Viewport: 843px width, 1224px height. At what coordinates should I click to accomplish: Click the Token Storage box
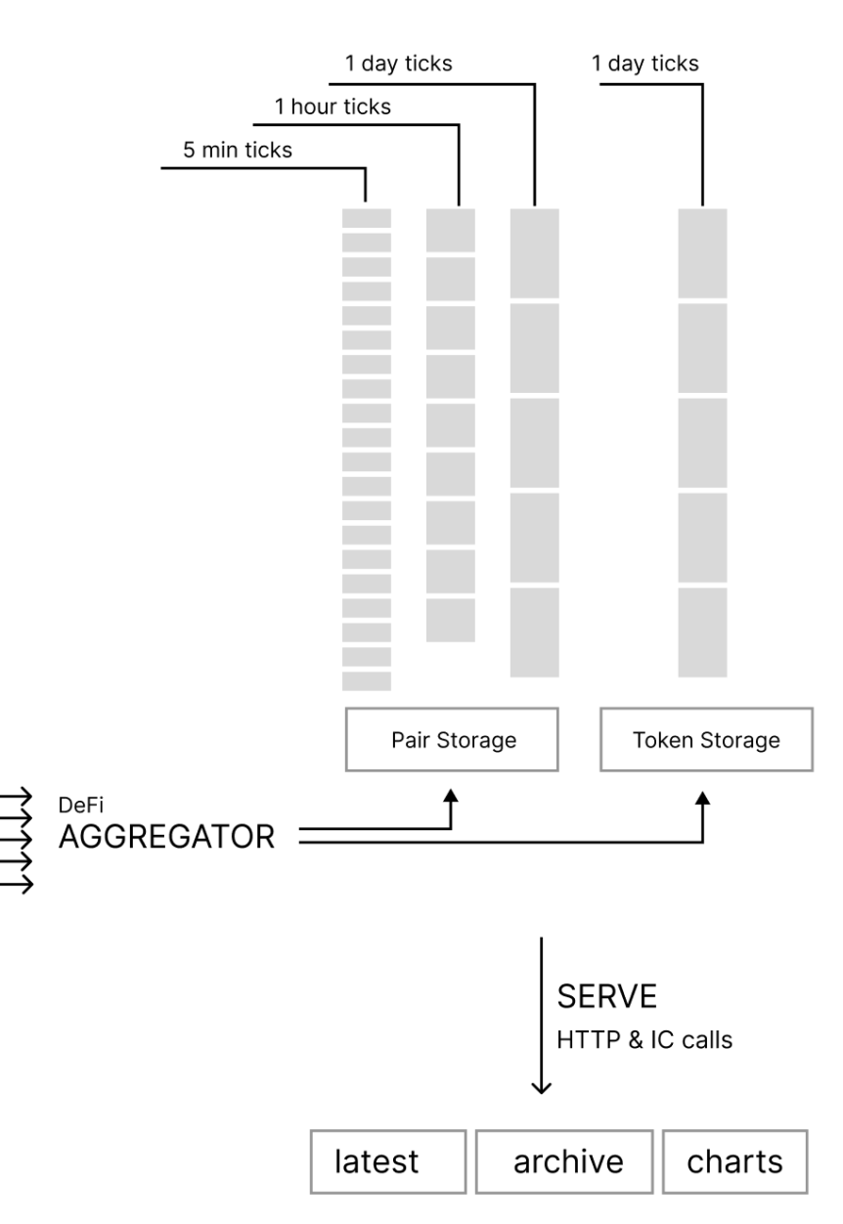704,740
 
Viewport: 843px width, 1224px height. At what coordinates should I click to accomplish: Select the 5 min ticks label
238,151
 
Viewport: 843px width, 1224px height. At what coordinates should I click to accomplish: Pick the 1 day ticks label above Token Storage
645,65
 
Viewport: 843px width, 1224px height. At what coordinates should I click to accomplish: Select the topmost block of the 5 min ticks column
366,217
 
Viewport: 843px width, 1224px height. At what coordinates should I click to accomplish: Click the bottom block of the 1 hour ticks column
451,620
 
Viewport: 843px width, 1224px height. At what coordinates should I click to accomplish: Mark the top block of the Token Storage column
703,253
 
